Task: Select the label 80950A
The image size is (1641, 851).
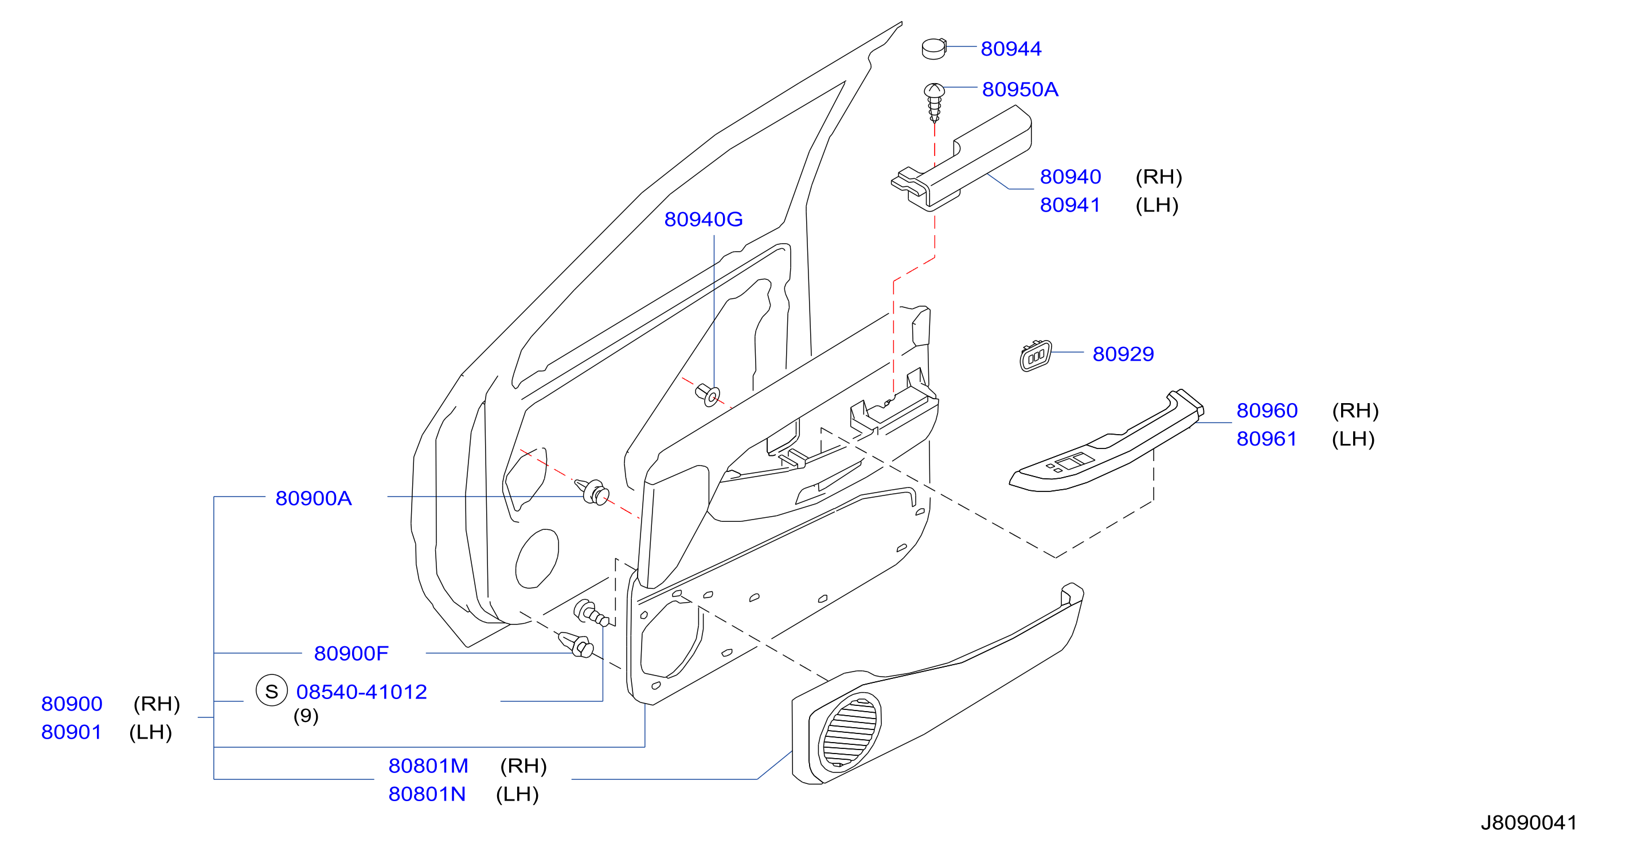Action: pos(1020,89)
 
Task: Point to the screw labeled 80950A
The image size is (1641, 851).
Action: pos(935,102)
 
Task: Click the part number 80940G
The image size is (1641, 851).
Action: pos(704,219)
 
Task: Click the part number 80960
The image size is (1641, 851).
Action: pos(1267,410)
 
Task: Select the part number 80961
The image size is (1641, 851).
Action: pos(1267,438)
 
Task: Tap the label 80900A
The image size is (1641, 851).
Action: pos(314,498)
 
